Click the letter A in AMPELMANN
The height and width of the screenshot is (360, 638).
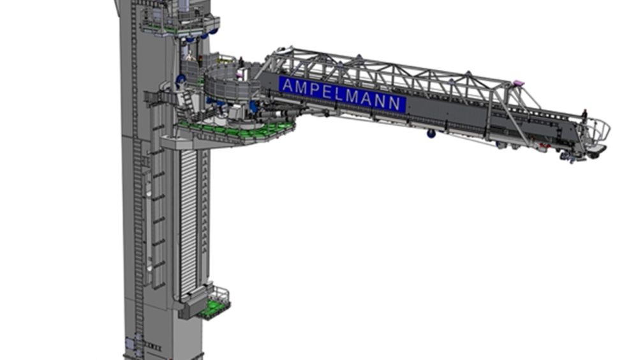coord(287,85)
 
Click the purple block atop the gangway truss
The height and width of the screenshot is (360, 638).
coord(518,84)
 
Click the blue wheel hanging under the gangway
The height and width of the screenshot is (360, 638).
coord(431,133)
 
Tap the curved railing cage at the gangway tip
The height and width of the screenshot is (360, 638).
coord(598,131)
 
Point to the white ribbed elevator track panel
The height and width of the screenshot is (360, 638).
coord(188,223)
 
